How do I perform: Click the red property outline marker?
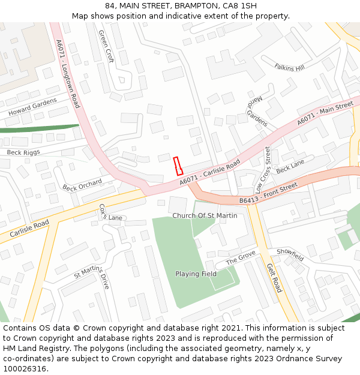tap(178, 166)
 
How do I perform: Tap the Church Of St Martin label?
tap(205, 215)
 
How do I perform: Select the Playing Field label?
tap(196, 274)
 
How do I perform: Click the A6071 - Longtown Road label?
tap(67, 74)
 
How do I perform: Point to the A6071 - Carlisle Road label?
tap(209, 172)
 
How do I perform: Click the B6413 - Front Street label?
tap(268, 193)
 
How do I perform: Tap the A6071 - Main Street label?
tap(325, 114)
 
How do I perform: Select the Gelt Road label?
tap(274, 278)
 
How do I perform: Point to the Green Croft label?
tap(106, 47)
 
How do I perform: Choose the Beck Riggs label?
tap(23, 152)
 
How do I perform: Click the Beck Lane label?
tap(290, 164)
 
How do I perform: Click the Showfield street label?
tap(290, 254)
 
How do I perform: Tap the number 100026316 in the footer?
tap(24, 368)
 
